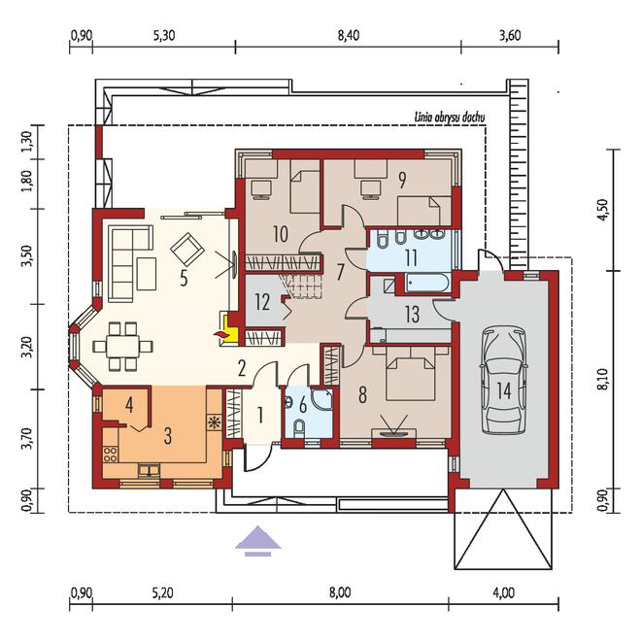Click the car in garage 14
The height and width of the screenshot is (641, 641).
click(504, 380)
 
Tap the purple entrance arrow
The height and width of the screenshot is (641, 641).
click(258, 540)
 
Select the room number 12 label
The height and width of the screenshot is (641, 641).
click(262, 302)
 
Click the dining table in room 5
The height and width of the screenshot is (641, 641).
click(122, 347)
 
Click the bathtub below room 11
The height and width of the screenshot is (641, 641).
click(426, 283)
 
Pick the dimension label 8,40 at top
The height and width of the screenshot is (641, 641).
click(349, 35)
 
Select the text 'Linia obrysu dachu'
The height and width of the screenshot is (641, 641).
click(450, 118)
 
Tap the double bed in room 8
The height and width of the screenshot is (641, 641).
click(411, 374)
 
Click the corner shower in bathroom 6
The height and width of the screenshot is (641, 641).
click(322, 398)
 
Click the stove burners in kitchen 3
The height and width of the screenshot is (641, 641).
click(111, 455)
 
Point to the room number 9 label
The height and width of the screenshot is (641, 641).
click(402, 181)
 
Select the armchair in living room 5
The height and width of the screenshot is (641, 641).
click(187, 250)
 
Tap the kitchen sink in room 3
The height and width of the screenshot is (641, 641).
click(149, 470)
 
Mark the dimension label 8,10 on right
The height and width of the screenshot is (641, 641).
click(602, 380)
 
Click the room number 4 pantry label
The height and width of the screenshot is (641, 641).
click(129, 405)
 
